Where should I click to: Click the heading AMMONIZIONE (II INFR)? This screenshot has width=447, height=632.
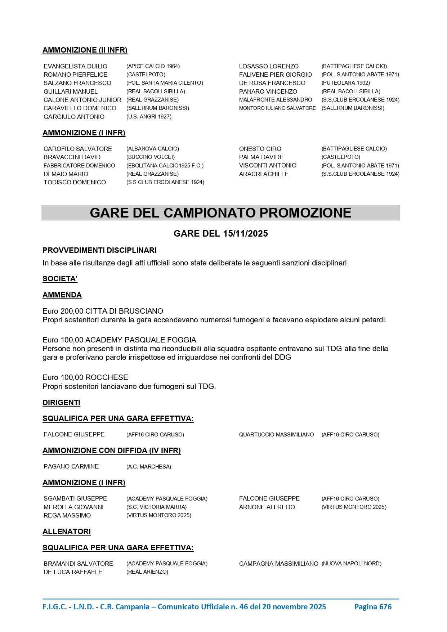(85, 50)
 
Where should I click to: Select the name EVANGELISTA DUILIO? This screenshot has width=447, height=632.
(75, 66)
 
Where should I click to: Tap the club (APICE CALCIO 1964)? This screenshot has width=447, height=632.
(153, 66)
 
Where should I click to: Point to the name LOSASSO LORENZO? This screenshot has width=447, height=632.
(269, 66)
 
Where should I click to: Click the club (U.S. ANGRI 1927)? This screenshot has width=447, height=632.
(149, 117)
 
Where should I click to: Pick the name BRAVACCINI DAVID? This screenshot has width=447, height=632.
(72, 157)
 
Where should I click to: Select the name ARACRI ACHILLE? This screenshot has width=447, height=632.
(264, 174)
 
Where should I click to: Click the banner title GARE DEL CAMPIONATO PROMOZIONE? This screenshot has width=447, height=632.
(220, 213)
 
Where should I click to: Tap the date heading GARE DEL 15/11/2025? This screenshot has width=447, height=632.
(220, 234)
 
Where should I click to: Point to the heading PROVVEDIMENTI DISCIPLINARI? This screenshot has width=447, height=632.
(99, 250)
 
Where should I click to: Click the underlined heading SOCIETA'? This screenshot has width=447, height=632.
(60, 279)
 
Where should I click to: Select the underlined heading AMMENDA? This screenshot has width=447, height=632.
(62, 295)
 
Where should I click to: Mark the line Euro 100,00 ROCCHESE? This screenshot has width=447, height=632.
(85, 377)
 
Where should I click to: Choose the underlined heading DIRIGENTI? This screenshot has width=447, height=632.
(61, 403)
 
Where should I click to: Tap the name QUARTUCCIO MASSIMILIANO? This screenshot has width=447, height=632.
(276, 435)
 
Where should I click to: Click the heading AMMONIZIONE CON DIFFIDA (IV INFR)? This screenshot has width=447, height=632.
(112, 451)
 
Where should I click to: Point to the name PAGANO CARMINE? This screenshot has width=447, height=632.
(71, 467)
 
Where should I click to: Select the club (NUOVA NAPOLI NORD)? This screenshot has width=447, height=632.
(351, 564)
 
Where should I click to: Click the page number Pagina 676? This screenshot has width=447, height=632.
(373, 607)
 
